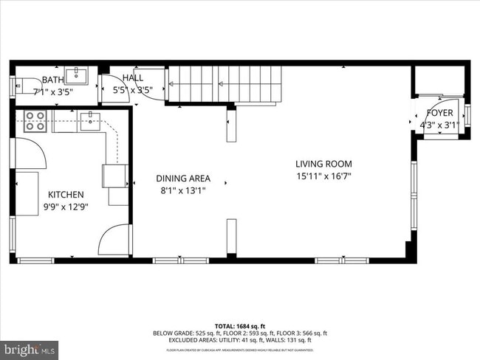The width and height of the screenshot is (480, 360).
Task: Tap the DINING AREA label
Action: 182,179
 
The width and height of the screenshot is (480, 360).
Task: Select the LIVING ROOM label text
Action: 323,164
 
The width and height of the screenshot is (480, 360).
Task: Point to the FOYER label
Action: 439,114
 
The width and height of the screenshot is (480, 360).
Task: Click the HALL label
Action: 133,77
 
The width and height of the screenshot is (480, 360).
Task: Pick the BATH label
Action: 52,80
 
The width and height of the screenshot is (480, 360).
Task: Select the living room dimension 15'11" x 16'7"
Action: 323,176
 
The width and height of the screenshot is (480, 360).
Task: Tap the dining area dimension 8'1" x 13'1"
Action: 182,191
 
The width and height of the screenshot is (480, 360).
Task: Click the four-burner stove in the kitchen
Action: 35,121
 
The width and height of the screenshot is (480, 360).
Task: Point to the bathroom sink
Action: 76,75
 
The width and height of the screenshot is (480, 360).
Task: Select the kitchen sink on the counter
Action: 89,120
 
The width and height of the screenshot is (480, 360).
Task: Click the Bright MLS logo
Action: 30,347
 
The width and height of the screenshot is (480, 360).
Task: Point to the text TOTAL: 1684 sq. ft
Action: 239,325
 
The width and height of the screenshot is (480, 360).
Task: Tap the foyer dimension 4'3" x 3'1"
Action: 439,125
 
